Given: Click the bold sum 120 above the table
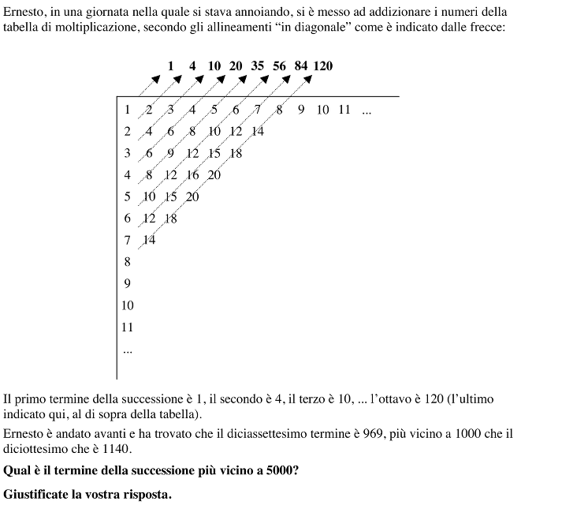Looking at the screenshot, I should (x=323, y=66).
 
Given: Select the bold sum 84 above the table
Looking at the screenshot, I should (x=301, y=66).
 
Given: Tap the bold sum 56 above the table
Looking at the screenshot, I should (x=280, y=66).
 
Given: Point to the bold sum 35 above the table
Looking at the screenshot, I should (x=258, y=66).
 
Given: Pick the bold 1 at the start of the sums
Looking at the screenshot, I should (x=171, y=66).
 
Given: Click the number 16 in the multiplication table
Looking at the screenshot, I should (x=193, y=175).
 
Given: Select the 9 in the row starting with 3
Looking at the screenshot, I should (x=170, y=153).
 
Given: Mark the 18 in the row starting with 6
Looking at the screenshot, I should (x=171, y=219).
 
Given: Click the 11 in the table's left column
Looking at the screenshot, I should (x=128, y=327).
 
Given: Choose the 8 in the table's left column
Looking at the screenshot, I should (x=128, y=261).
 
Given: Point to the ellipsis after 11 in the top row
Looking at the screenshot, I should (x=366, y=110).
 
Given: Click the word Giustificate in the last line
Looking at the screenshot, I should (x=36, y=495).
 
